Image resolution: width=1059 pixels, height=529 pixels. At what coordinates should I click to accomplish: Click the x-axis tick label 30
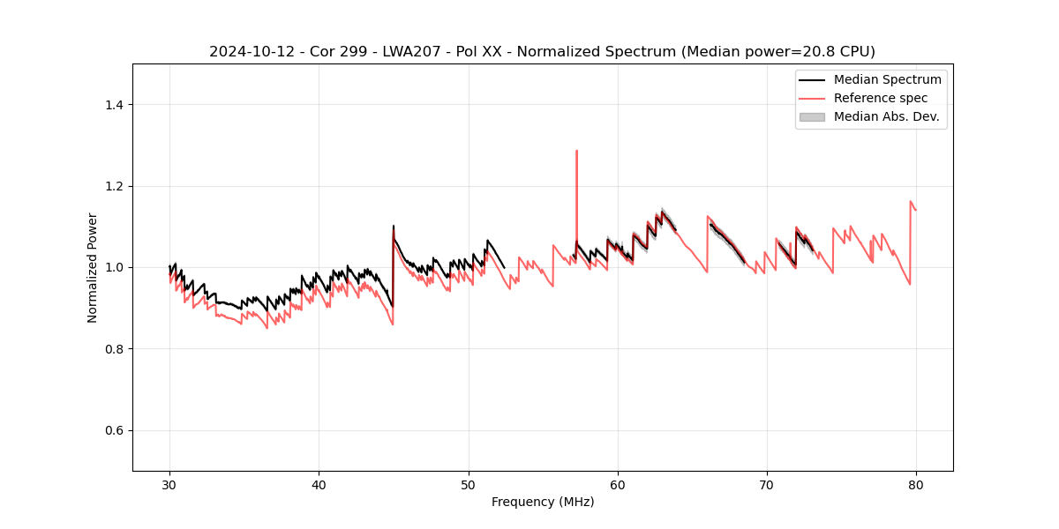pyautogui.click(x=169, y=484)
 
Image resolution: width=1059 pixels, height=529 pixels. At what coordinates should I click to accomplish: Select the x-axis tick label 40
pyautogui.click(x=319, y=484)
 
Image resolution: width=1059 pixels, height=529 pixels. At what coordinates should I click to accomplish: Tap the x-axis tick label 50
pyautogui.click(x=469, y=484)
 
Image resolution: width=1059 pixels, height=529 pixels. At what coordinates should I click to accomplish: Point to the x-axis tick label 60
pyautogui.click(x=618, y=484)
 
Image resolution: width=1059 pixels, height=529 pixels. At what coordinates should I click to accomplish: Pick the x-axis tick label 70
pyautogui.click(x=767, y=484)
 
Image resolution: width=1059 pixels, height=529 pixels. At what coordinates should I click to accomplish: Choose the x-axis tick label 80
pyautogui.click(x=916, y=484)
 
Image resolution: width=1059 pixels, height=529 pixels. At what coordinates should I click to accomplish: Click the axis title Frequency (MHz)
pyautogui.click(x=543, y=502)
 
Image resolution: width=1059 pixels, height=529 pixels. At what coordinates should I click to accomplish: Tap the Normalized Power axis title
pyautogui.click(x=93, y=267)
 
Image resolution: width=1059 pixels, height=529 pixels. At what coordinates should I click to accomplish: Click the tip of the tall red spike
pyautogui.click(x=576, y=151)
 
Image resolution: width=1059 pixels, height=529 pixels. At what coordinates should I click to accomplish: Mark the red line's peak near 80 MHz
pyautogui.click(x=911, y=202)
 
